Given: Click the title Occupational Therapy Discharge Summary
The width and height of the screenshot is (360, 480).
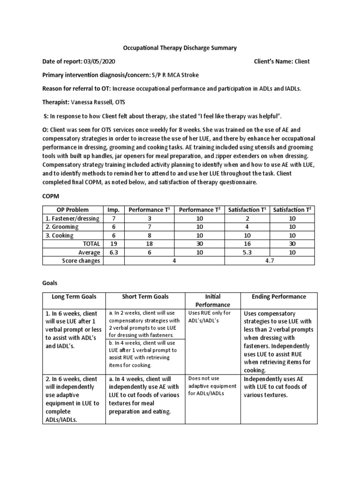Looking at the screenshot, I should click(180, 48).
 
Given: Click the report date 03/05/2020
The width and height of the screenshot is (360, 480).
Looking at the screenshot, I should click(99, 61).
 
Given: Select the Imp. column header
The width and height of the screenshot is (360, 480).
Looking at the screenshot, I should click(113, 210).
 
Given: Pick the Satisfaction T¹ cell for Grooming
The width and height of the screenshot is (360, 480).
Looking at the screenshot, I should click(247, 227).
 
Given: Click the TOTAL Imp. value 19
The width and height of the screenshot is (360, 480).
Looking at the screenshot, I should click(113, 244).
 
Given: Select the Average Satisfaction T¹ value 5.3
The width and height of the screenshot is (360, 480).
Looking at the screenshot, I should click(247, 252).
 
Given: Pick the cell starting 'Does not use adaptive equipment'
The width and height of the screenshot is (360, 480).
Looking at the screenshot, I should click(209, 385).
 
